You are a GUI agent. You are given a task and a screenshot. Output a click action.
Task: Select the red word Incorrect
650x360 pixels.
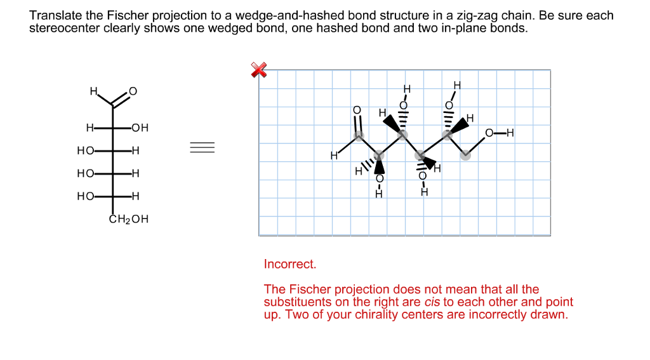[289, 263]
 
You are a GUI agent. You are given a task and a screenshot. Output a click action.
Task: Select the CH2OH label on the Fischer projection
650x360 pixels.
[129, 220]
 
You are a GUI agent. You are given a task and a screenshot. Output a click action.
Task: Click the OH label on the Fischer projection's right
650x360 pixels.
[140, 128]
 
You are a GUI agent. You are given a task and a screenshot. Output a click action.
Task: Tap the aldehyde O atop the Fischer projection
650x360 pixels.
[133, 91]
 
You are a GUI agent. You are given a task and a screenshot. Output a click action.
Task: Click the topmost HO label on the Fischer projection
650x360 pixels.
[85, 151]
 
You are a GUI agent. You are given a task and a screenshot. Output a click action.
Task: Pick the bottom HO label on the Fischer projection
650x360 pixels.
[85, 196]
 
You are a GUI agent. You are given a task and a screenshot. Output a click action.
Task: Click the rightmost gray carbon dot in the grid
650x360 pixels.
[465, 155]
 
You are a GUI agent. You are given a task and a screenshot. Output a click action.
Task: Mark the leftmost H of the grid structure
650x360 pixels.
[333, 156]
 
